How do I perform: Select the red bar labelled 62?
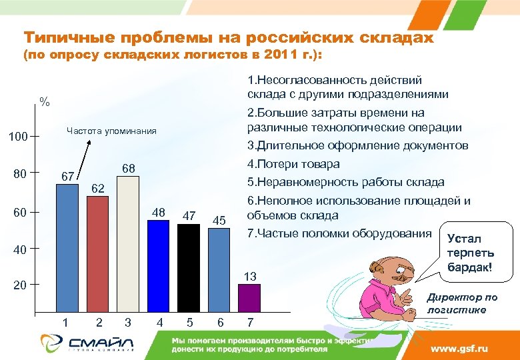point(97,254)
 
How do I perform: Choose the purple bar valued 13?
point(249,299)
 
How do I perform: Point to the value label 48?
point(159,213)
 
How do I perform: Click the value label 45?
point(219,221)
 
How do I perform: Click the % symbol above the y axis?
point(45,102)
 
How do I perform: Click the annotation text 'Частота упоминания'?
point(111,131)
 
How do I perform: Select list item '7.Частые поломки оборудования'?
point(339,233)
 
